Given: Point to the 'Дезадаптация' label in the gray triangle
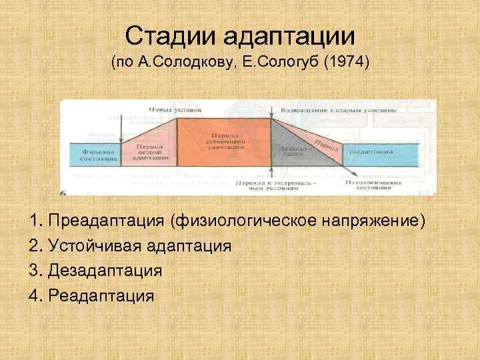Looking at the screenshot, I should click(x=292, y=151).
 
